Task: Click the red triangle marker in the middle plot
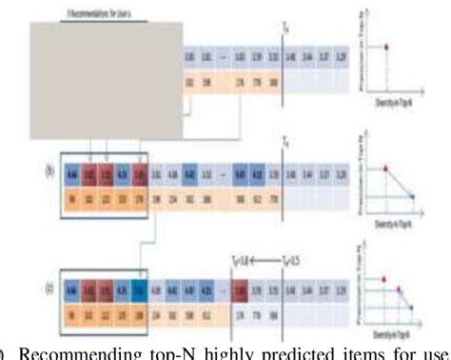(386, 168)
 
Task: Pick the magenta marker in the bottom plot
(399, 288)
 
